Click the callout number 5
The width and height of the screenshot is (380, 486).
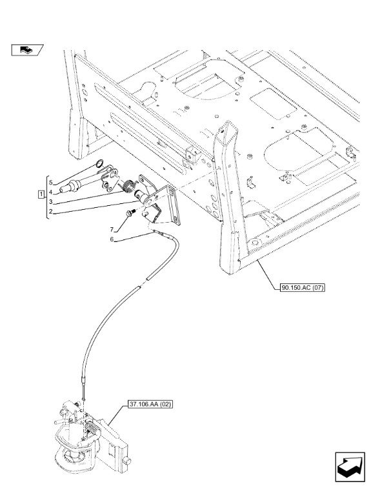(x=51, y=183)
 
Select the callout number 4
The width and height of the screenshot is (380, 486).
(x=50, y=192)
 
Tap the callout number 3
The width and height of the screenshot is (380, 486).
(x=50, y=202)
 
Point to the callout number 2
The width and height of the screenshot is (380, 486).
(x=50, y=212)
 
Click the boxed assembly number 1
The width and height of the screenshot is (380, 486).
(x=41, y=194)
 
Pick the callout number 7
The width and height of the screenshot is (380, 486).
(x=112, y=230)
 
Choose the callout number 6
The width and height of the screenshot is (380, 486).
(x=112, y=239)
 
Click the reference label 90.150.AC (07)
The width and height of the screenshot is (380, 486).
(x=302, y=288)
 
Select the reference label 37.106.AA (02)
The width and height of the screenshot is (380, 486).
(x=150, y=405)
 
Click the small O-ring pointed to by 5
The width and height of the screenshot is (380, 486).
(x=100, y=163)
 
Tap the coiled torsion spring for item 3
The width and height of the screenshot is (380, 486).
(x=128, y=186)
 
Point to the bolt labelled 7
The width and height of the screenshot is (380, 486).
(x=130, y=213)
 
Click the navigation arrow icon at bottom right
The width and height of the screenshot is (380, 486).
(x=350, y=467)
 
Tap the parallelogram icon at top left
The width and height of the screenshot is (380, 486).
(x=27, y=50)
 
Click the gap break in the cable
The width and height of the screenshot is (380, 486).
(x=143, y=283)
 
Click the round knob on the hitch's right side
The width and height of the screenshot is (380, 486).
(x=127, y=461)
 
